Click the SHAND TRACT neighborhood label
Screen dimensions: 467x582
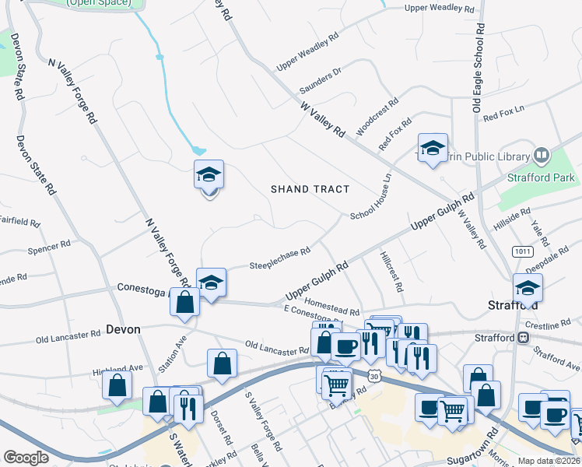click(310, 189)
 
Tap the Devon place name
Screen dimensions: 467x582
click(123, 329)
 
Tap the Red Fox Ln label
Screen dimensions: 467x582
click(504, 117)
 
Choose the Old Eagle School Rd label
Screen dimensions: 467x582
click(479, 68)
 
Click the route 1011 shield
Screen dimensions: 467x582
click(521, 251)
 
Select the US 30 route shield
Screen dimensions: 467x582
click(375, 377)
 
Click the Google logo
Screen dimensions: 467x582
click(26, 457)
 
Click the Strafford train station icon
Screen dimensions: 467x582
click(524, 338)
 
